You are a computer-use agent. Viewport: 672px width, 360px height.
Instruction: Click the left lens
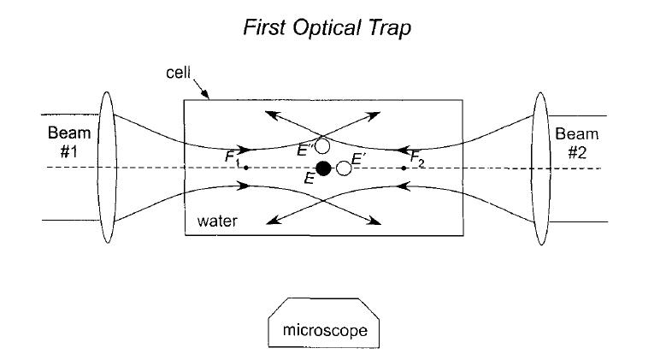pyautogui.click(x=107, y=168)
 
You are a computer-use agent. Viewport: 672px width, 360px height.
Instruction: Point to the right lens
pyautogui.click(x=540, y=168)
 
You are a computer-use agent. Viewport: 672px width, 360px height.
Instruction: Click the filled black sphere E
pyautogui.click(x=323, y=168)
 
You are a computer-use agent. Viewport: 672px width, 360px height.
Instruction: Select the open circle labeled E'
pyautogui.click(x=344, y=168)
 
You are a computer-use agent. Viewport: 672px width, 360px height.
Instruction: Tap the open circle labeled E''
pyautogui.click(x=321, y=146)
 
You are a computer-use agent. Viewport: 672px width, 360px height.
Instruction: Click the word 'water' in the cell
pyautogui.click(x=217, y=221)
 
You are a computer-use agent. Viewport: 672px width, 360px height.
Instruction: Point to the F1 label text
pyautogui.click(x=232, y=157)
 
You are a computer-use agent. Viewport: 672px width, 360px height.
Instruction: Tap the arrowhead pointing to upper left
pyautogui.click(x=268, y=113)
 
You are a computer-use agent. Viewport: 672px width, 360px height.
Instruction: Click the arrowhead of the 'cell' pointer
pyautogui.click(x=207, y=97)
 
